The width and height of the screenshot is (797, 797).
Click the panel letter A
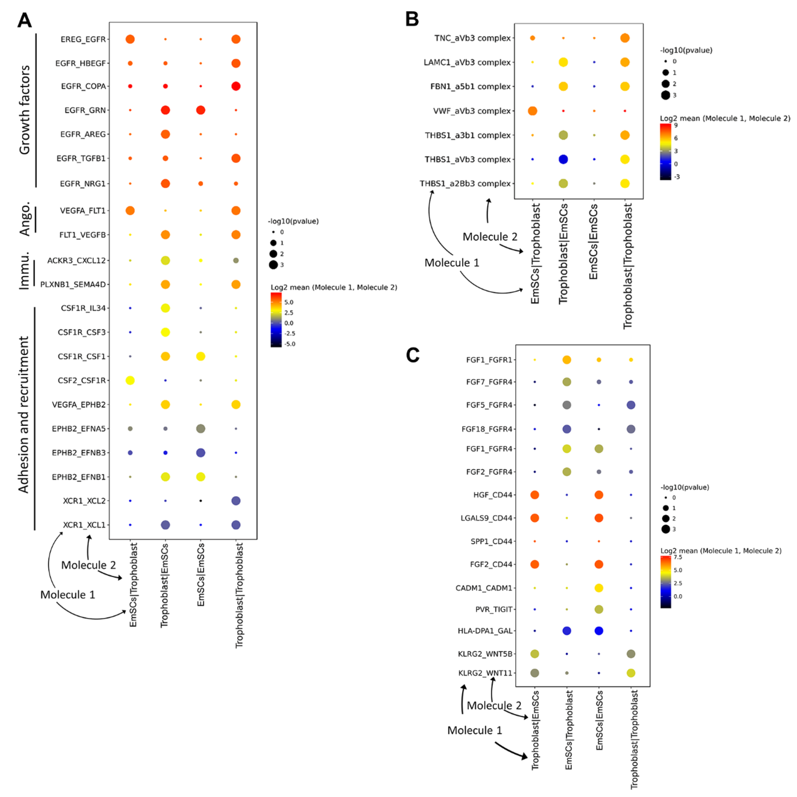(x=24, y=20)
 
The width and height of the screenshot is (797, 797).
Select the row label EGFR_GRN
(x=85, y=110)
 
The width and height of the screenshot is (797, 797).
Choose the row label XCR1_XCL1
(x=84, y=525)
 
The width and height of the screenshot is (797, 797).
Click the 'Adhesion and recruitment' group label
(x=24, y=415)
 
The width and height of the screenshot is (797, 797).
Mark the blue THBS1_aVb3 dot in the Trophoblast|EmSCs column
(x=563, y=159)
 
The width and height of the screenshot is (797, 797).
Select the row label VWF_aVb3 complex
(x=471, y=111)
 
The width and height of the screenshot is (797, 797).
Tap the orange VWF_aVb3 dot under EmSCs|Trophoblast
(x=533, y=111)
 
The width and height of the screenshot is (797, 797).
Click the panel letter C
(x=413, y=355)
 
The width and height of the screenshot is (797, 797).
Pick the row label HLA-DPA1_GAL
(x=485, y=631)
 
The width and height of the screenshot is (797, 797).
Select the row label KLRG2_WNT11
(x=485, y=673)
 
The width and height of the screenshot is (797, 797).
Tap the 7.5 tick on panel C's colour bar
(x=677, y=557)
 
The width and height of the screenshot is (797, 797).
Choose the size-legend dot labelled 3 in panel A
(x=273, y=265)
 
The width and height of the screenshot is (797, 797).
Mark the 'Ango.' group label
(x=25, y=219)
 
